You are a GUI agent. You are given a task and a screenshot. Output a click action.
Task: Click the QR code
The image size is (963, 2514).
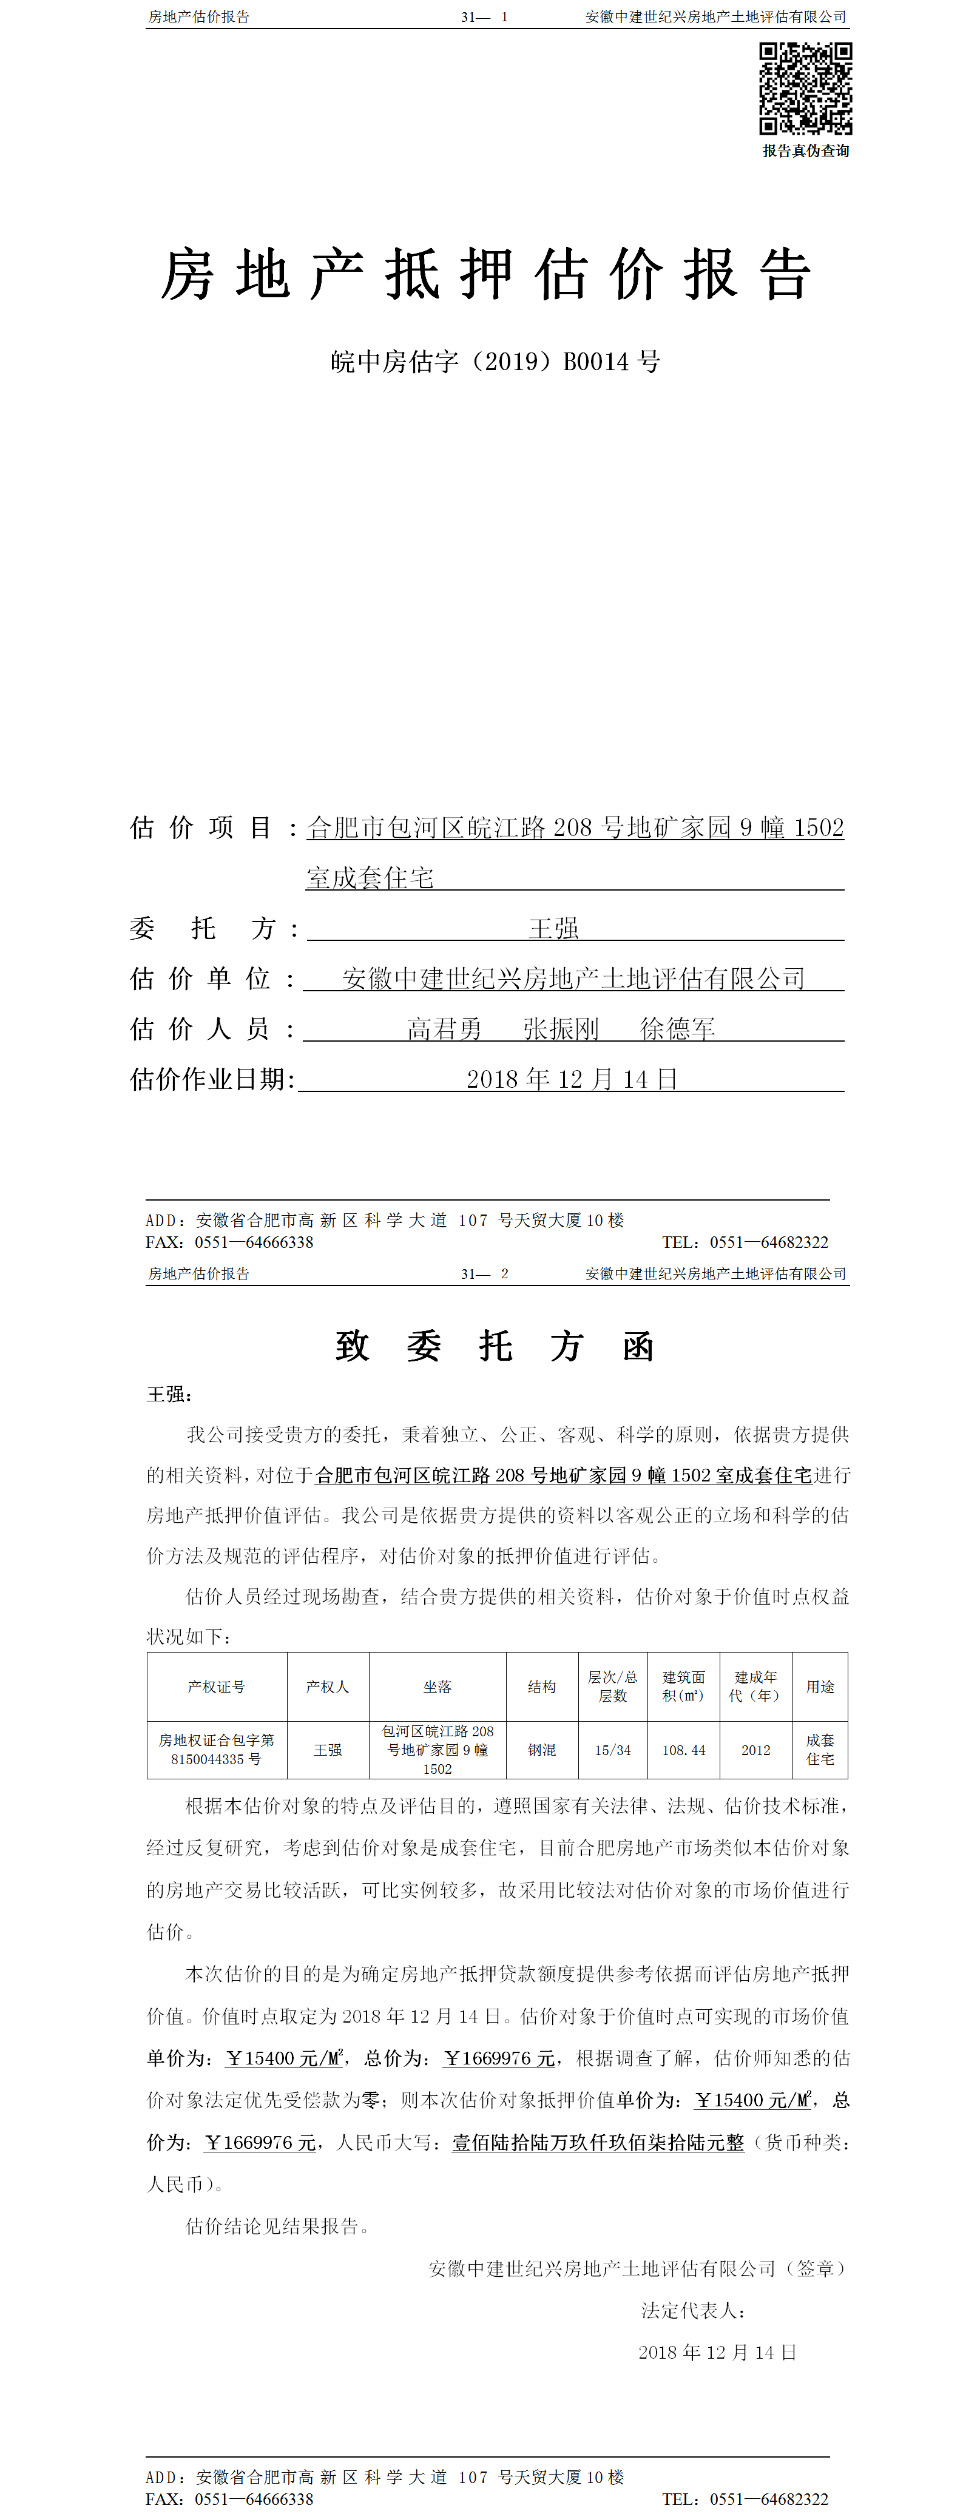(805, 89)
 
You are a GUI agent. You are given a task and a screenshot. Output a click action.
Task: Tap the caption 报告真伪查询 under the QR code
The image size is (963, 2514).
(805, 151)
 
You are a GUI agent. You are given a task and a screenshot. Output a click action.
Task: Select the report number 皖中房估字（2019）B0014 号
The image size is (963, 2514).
(495, 362)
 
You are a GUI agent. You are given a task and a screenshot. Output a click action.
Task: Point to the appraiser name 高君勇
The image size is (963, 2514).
(444, 1029)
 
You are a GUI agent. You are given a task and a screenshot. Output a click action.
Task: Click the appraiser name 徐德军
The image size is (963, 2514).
(677, 1029)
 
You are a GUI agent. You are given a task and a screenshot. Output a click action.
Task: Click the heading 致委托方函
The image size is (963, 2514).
(494, 1346)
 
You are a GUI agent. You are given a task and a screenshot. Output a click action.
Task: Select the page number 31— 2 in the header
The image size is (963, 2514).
(484, 1273)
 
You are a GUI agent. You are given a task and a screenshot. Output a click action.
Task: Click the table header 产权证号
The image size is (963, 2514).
(217, 1687)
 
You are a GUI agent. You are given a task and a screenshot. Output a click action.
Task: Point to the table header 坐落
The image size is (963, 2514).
(437, 1687)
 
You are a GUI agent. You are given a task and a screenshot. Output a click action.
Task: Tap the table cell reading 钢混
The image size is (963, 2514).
(541, 1750)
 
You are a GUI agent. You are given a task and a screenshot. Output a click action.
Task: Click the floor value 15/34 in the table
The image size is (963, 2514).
(613, 1750)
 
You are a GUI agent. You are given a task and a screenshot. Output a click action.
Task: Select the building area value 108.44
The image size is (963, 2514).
(683, 1750)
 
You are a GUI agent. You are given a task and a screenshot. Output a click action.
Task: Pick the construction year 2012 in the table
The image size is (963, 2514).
(755, 1750)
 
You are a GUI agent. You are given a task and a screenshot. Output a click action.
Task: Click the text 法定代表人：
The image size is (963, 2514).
(694, 2310)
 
